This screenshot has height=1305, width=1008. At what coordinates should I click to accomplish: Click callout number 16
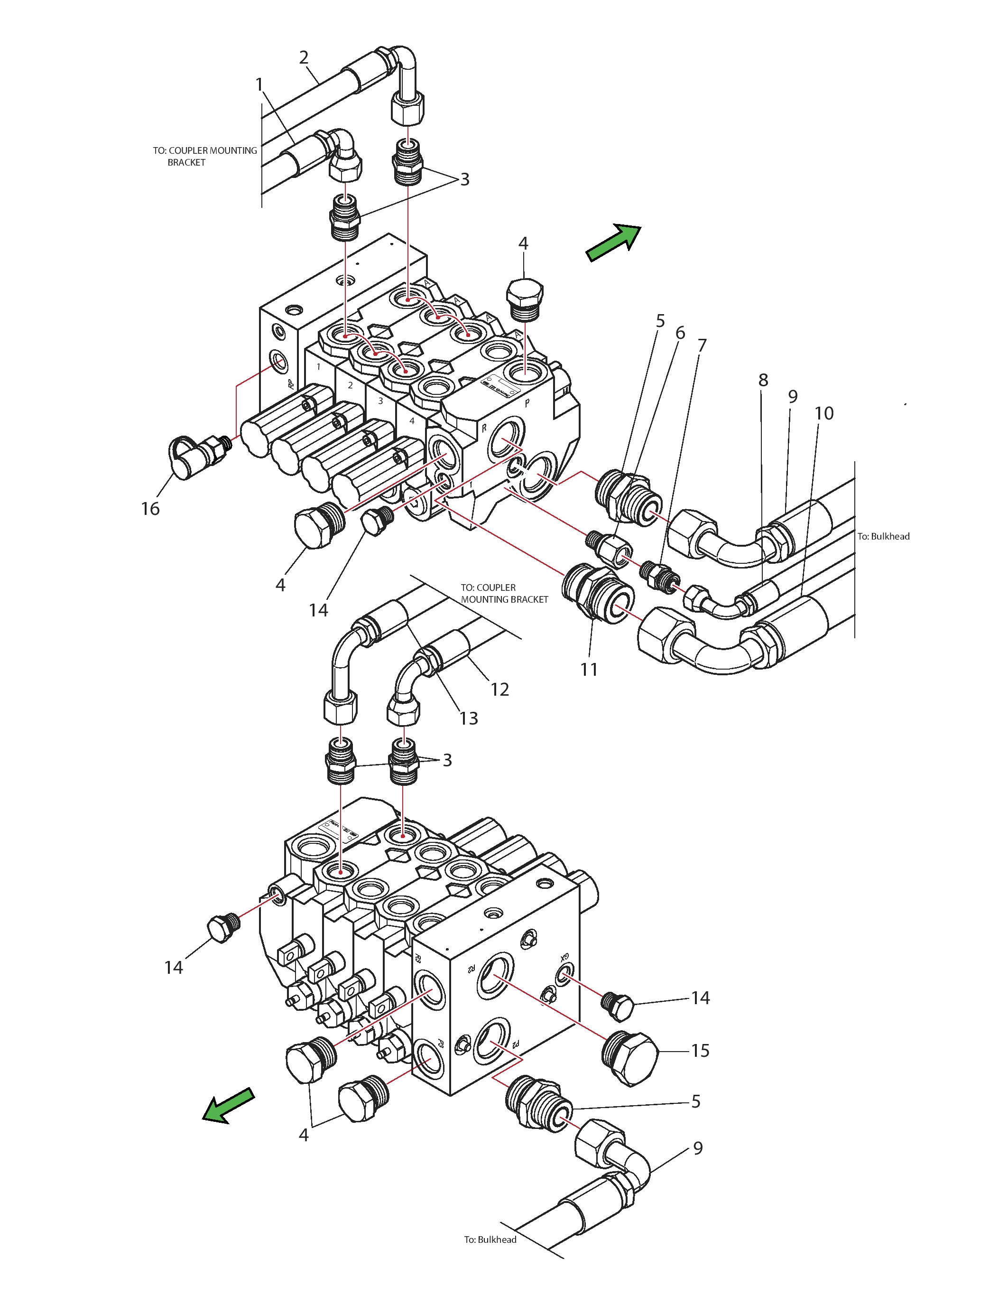[150, 509]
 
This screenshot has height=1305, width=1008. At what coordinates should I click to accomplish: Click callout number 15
[700, 1050]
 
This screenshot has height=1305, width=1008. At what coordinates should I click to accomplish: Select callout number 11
[589, 669]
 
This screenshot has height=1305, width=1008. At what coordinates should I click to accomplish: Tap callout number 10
[824, 413]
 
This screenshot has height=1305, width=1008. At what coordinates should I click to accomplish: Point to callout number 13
[469, 718]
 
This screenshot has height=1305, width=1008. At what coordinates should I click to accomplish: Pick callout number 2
[304, 57]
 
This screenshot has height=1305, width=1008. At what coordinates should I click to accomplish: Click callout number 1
[259, 84]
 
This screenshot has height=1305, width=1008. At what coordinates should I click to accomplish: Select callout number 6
[680, 333]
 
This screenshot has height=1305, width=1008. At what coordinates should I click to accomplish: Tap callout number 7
[702, 345]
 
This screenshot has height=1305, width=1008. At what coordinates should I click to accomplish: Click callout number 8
[763, 380]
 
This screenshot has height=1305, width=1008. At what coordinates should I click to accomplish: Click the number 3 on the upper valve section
[380, 401]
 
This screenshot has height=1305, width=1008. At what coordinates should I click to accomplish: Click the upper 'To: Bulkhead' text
[883, 536]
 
